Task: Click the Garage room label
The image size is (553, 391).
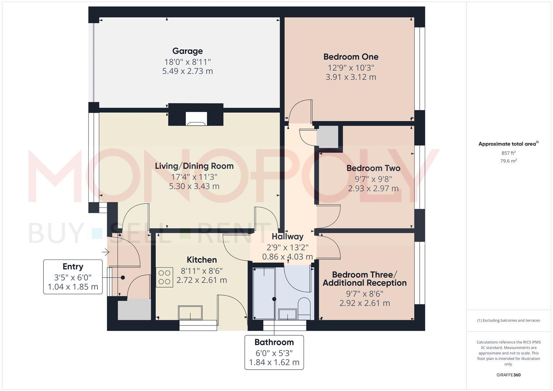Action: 187,51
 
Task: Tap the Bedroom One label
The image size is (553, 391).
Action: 351,57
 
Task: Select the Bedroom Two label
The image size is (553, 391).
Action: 373,168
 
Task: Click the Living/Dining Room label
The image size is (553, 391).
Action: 194,166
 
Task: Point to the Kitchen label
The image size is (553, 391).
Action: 202,260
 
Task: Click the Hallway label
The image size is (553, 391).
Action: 287,237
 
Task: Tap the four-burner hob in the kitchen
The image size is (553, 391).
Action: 164,277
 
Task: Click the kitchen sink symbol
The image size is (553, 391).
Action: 190,312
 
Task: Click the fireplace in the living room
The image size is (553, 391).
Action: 196,119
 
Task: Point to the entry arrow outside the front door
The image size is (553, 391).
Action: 106,252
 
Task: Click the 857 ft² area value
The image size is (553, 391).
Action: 508,153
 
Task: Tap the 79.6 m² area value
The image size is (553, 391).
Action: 508,161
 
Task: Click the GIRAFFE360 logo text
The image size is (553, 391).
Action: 508,375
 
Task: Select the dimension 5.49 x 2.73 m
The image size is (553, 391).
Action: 187,71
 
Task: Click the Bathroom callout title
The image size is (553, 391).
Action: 274,342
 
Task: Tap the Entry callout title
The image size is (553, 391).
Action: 73,267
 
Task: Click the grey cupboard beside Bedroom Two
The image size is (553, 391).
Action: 327,137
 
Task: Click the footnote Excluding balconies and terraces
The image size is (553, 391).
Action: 508,320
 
